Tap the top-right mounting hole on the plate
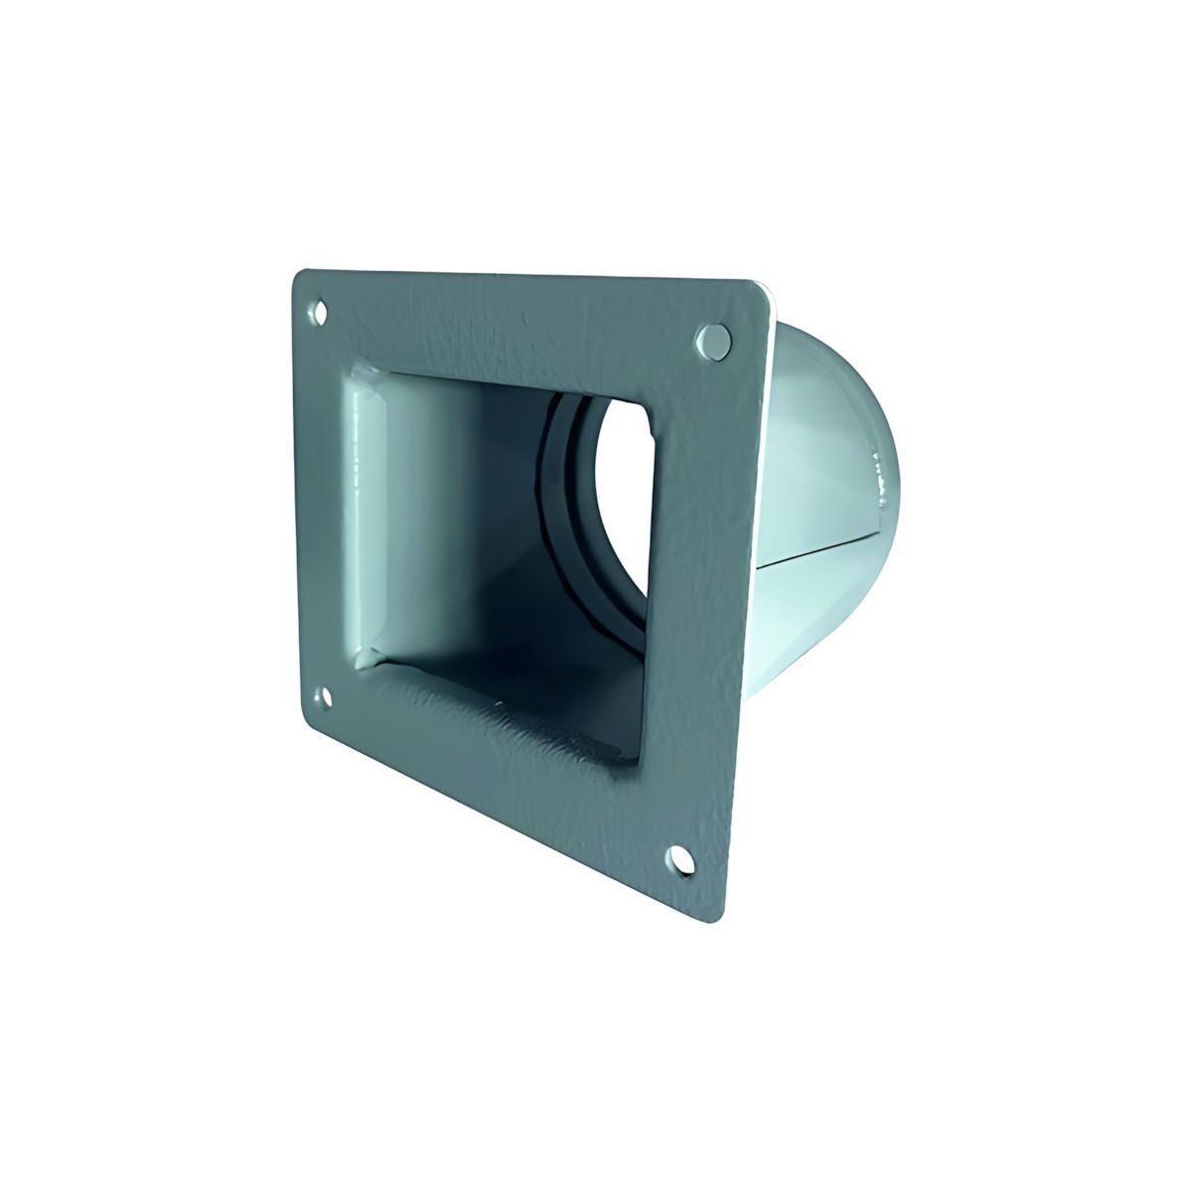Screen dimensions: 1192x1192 click(x=713, y=339)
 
